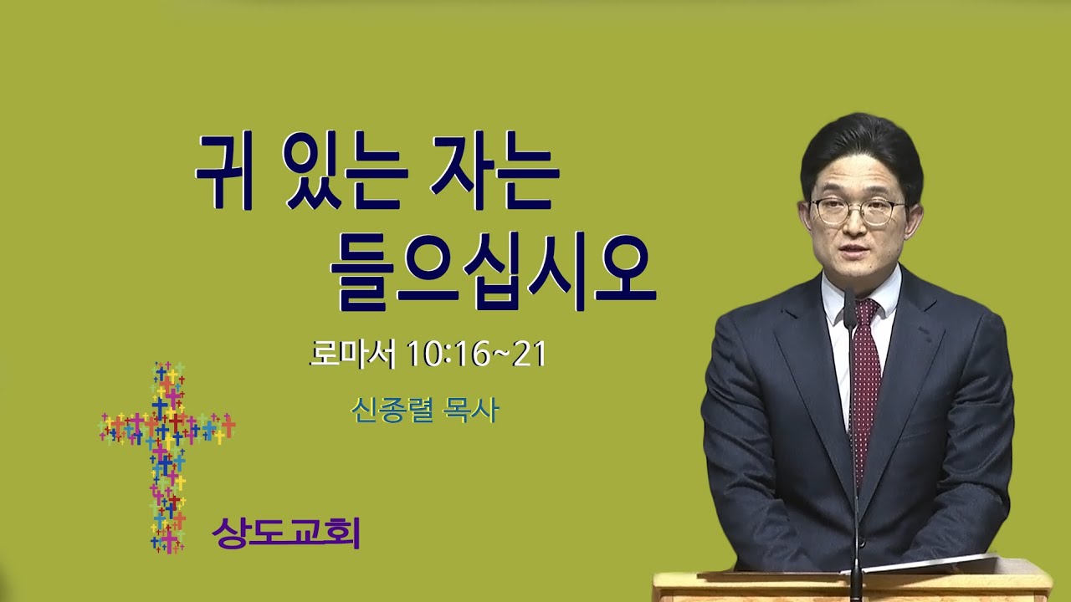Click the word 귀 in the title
coord(224,173)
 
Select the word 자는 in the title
coord(495,173)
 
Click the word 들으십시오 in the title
coord(493,272)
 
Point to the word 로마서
coord(352,355)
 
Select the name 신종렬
coord(392,410)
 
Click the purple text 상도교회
coord(286,533)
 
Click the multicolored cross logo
coord(167,457)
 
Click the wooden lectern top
coord(853,585)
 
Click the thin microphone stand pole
coord(856,454)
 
